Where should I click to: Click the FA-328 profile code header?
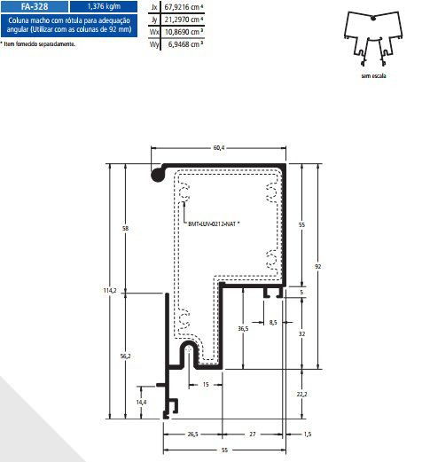35,6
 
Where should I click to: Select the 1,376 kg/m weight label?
104,6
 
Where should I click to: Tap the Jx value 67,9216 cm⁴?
184,7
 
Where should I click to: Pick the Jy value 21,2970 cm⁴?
184,20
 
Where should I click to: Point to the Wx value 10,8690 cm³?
184,32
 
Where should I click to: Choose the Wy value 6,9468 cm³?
185,44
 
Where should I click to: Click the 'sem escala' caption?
373,76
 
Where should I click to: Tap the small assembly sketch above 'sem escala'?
373,38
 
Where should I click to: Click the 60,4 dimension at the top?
219,147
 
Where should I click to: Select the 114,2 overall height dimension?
110,291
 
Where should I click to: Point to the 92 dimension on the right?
317,266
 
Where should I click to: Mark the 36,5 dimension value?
243,328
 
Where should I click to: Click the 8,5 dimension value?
273,323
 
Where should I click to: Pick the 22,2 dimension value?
301,394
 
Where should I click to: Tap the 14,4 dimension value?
141,402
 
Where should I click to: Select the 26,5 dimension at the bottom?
192,435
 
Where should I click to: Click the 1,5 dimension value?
308,435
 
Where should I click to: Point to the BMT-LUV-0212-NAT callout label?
214,224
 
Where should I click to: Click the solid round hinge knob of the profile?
158,175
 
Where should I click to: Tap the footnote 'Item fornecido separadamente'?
37,44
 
